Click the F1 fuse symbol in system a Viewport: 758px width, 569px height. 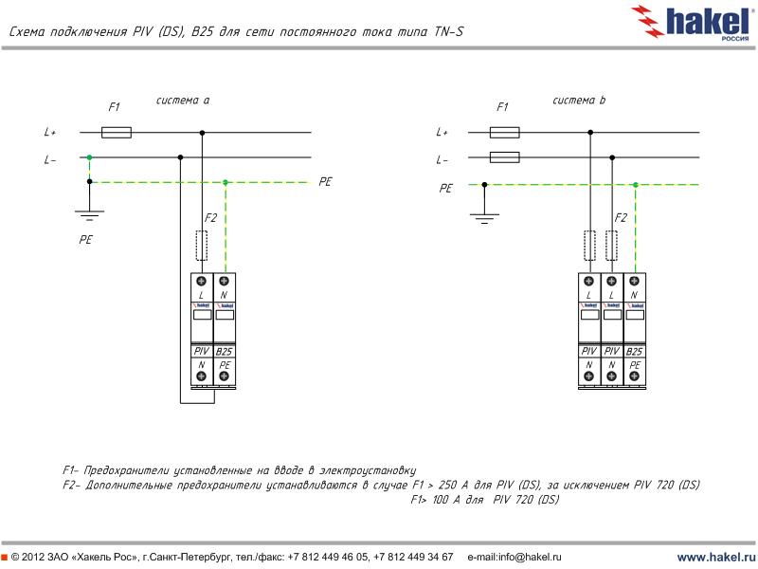pyautogui.click(x=116, y=133)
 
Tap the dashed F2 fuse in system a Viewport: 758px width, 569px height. pyautogui.click(x=202, y=245)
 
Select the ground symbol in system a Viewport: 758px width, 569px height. pyautogui.click(x=90, y=213)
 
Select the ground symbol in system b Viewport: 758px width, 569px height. pyautogui.click(x=484, y=218)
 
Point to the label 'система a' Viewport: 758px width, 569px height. pyautogui.click(x=183, y=100)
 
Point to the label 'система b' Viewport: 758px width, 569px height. pyautogui.click(x=579, y=100)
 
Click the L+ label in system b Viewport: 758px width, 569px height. pyautogui.click(x=442, y=133)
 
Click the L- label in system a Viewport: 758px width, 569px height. pyautogui.click(x=50, y=159)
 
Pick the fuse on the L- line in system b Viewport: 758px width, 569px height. pyautogui.click(x=504, y=157)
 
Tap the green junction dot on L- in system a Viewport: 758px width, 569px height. pyautogui.click(x=90, y=157)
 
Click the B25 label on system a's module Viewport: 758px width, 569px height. pyautogui.click(x=225, y=352)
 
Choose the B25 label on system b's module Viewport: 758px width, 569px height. pyautogui.click(x=635, y=352)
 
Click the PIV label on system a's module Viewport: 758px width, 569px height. pyautogui.click(x=202, y=352)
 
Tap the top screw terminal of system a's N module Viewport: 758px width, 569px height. pyautogui.click(x=225, y=282)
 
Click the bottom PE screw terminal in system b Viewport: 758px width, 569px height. pyautogui.click(x=635, y=376)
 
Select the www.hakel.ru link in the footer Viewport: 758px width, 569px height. pyautogui.click(x=714, y=557)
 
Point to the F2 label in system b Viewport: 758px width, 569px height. pyautogui.click(x=621, y=218)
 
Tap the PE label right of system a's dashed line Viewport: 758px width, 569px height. pyautogui.click(x=325, y=181)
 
